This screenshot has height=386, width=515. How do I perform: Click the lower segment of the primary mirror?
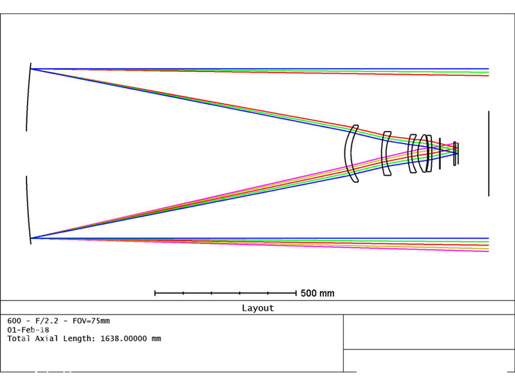tap(28, 210)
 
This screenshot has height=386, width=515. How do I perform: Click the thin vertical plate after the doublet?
tap(440, 154)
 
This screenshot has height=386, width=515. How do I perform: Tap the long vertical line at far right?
tap(489, 154)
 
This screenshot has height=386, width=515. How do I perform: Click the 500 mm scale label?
tap(317, 293)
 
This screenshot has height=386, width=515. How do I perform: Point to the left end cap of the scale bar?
tap(155, 293)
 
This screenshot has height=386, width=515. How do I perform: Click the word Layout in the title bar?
tap(258, 308)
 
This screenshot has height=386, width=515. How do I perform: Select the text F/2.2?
tap(46, 320)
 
